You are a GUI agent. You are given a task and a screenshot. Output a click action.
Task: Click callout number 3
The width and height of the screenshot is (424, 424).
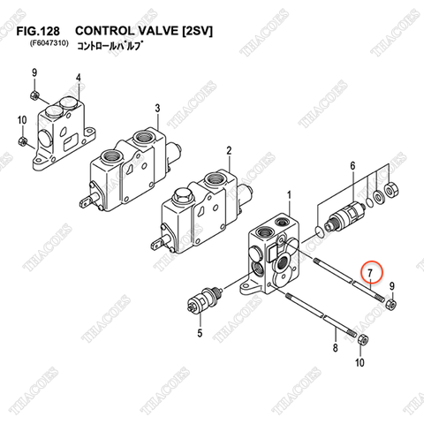(157, 108)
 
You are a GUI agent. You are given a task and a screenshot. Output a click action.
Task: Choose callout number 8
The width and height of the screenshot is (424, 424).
(335, 349)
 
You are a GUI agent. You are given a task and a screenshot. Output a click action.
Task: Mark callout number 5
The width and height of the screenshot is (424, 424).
(200, 333)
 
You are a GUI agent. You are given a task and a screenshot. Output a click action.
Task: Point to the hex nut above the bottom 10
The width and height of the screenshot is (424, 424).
(360, 340)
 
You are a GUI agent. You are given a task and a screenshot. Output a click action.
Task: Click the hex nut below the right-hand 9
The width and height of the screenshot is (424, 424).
(391, 306)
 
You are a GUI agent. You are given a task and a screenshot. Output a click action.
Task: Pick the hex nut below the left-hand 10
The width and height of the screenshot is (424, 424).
(21, 140)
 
